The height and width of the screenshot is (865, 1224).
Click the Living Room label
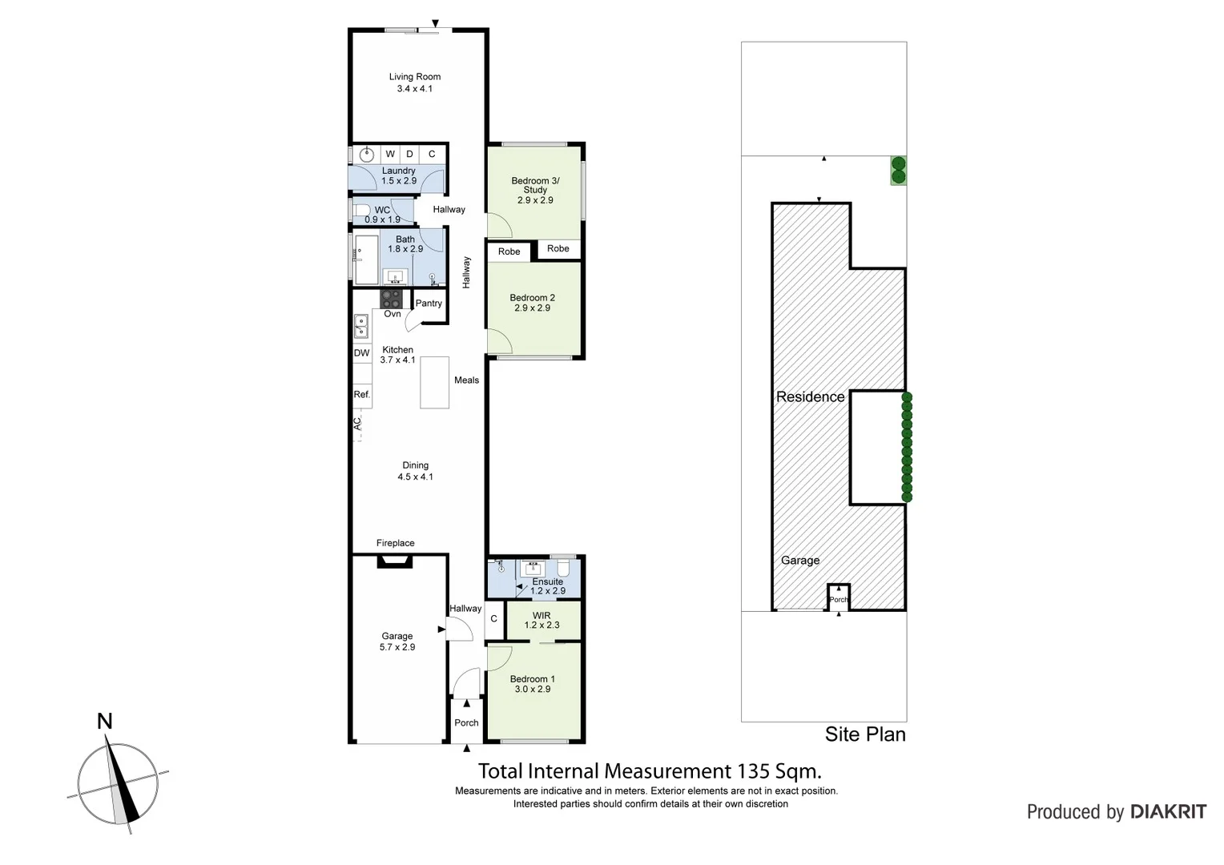coord(414,77)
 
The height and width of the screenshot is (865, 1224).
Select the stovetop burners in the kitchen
coord(392,299)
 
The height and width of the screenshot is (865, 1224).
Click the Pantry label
coord(429,304)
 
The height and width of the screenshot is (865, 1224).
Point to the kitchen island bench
coord(434,383)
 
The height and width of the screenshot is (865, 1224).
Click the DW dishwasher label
coord(362,353)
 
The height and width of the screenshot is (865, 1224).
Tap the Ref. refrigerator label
coord(362,395)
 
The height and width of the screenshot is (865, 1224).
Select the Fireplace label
coord(395,543)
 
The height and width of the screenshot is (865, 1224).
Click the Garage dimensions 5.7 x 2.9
coord(397,647)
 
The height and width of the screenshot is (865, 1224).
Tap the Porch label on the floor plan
coord(466,722)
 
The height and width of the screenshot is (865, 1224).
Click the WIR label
coord(542,615)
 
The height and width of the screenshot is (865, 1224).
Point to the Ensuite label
coord(547,581)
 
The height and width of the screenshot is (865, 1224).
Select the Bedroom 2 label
coord(532,297)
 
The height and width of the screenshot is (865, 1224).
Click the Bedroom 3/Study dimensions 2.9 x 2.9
coord(535,200)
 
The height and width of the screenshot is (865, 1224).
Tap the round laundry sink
coord(368,154)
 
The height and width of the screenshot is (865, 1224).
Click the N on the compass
coord(104,722)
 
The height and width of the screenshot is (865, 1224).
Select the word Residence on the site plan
coord(810,396)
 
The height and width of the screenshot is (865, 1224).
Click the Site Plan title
coord(865,734)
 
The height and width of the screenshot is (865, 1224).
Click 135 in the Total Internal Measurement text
coord(753,771)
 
